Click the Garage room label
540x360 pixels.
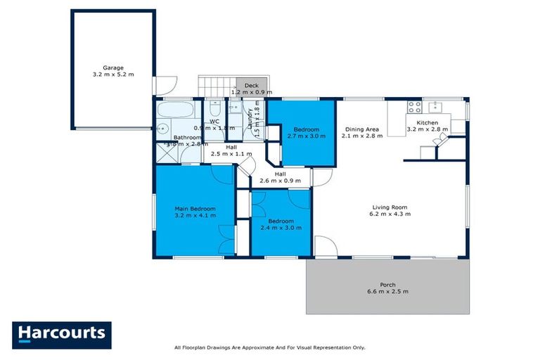112,68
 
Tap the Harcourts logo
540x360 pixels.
62,334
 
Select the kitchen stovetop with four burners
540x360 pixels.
415,108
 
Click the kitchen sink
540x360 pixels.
436,107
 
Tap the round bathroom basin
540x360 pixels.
161,129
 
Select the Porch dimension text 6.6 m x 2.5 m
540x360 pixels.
387,291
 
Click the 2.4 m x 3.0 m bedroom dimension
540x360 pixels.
280,229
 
